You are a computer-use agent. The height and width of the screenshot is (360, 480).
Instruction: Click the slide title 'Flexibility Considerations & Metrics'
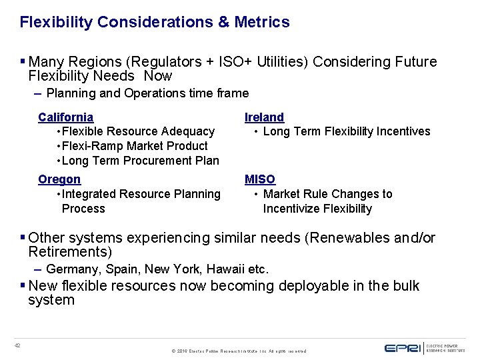155,22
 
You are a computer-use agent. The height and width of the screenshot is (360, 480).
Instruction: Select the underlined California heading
65,117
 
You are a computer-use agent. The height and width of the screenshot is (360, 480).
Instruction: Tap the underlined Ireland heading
264,117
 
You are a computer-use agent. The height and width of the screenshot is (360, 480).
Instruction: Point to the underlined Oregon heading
59,179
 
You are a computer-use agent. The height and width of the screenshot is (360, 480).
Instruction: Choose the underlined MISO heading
260,179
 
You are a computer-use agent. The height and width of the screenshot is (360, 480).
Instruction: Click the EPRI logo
403,347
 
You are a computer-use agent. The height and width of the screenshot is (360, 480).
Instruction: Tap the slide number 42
17,345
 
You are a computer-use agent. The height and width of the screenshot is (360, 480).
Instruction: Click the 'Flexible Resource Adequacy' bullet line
138,131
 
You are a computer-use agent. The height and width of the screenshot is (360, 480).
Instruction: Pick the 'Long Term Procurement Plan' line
140,161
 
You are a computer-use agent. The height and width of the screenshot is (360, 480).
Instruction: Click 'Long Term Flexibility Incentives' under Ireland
347,131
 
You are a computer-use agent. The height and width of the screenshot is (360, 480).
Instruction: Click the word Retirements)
70,252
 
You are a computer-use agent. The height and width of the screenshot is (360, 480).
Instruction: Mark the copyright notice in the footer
239,350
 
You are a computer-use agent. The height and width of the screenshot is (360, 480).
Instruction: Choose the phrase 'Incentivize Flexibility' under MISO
317,209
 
